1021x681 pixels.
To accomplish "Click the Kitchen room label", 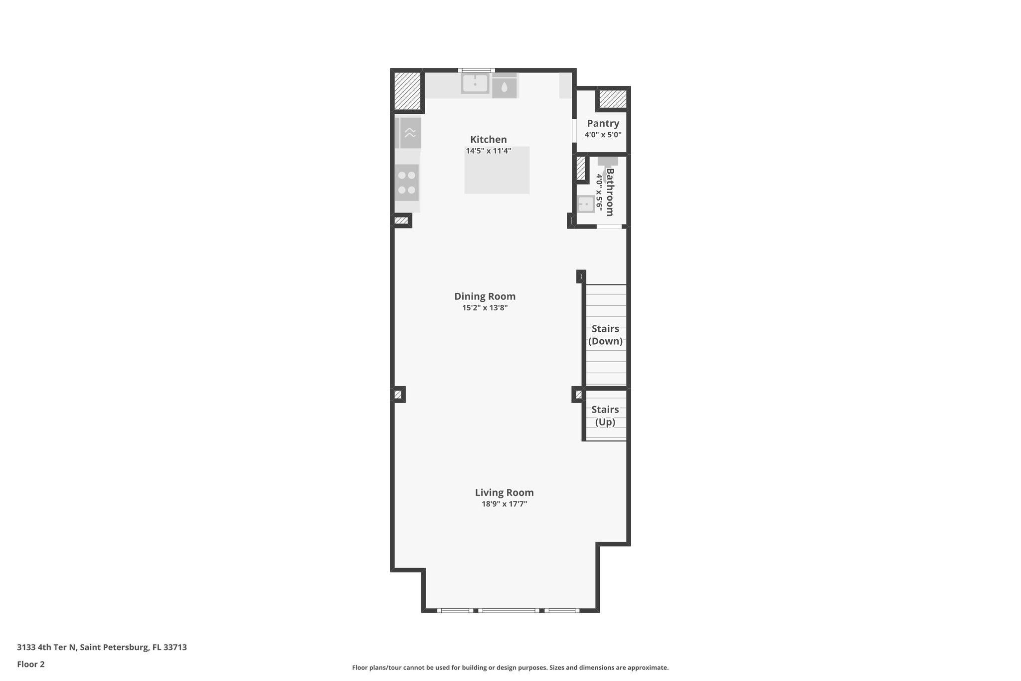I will [488, 140].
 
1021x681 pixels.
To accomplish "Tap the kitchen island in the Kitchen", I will [497, 170].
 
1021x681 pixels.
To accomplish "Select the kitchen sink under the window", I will [475, 84].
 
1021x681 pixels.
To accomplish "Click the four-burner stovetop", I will [407, 183].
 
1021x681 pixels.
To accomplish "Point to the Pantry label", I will [603, 123].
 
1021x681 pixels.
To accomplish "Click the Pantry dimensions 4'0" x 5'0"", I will [603, 135].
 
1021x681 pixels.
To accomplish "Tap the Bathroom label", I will [610, 192].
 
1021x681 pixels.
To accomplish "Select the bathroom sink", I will [586, 204].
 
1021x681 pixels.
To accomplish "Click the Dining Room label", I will [485, 296].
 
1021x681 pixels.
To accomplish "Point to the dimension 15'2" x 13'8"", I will [485, 308].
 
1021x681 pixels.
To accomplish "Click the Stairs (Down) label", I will [605, 335].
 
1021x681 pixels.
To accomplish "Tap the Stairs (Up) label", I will [605, 416].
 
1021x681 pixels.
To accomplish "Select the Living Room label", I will [504, 492].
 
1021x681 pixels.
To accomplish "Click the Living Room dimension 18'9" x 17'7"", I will [504, 504].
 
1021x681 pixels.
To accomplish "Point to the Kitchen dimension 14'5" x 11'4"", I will [488, 151].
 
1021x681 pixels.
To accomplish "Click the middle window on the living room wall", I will [509, 610].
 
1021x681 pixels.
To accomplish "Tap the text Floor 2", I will [31, 664].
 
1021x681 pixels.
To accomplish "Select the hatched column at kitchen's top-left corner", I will [407, 91].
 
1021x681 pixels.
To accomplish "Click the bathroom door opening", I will [609, 227].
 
